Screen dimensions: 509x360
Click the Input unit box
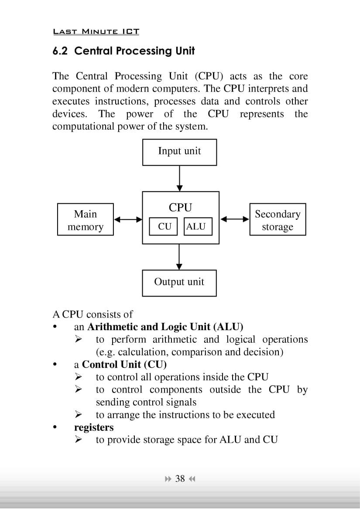[179, 152]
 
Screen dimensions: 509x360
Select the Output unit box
[179, 283]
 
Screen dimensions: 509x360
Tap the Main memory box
[86, 220]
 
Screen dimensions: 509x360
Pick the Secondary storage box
[278, 220]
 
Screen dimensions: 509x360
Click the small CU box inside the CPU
[164, 226]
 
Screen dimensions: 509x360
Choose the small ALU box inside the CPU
[195, 226]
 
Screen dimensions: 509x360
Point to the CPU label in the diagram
[180, 208]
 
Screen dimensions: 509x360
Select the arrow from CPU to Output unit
[179, 257]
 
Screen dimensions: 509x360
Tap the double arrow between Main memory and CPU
[128, 220]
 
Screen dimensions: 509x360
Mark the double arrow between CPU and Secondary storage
[235, 219]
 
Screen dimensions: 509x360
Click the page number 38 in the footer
[180, 479]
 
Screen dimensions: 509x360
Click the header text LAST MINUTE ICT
[96, 31]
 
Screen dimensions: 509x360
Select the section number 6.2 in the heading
[61, 51]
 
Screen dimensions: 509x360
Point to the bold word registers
[94, 427]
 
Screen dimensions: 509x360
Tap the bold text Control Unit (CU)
[124, 364]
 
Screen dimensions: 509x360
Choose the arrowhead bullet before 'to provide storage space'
[79, 440]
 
